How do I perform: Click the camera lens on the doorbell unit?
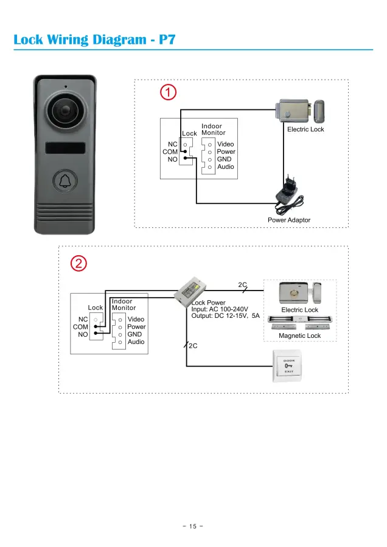pos(63,111)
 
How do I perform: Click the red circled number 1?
pos(168,93)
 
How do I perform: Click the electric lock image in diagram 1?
pos(300,111)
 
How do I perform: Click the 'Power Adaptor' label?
pos(289,220)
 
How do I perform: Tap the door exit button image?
pos(288,366)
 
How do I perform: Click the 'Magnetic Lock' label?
pos(299,335)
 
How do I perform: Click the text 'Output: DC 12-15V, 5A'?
pos(225,317)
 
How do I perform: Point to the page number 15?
pos(193,526)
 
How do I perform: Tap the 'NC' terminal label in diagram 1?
pos(173,145)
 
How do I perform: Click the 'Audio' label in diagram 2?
pos(136,342)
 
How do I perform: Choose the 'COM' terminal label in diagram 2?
pos(80,327)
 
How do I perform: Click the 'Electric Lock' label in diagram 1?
pos(305,129)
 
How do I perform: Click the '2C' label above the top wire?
pos(242,284)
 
